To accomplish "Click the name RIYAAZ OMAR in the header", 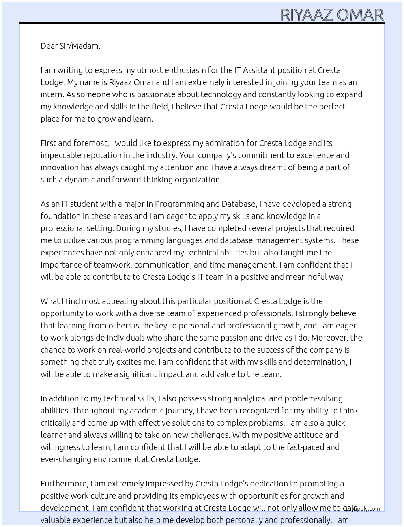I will click(332, 15).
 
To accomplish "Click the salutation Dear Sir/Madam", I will click(70, 46).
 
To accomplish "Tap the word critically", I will click(55, 423).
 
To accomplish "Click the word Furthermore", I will click(64, 484).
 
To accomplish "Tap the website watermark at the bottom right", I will click(362, 509).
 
